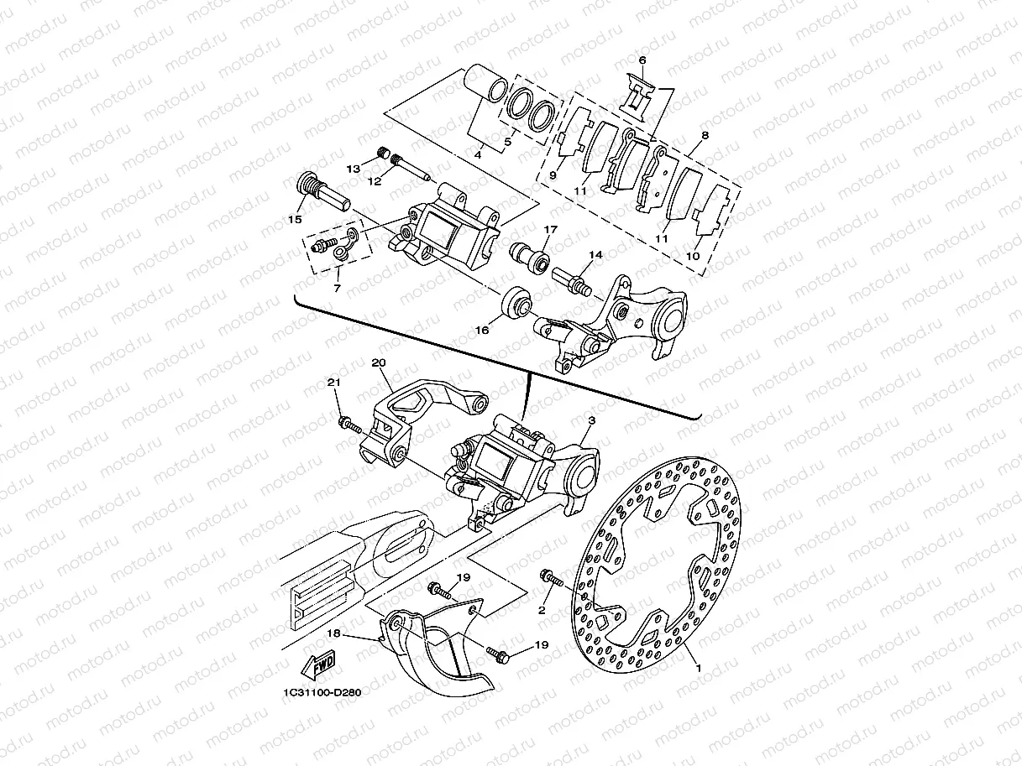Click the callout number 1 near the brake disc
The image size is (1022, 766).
tap(696, 669)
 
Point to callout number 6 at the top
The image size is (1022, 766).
tap(642, 60)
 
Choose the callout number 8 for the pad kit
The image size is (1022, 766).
tap(705, 134)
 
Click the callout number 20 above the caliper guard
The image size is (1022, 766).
tap(377, 362)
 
